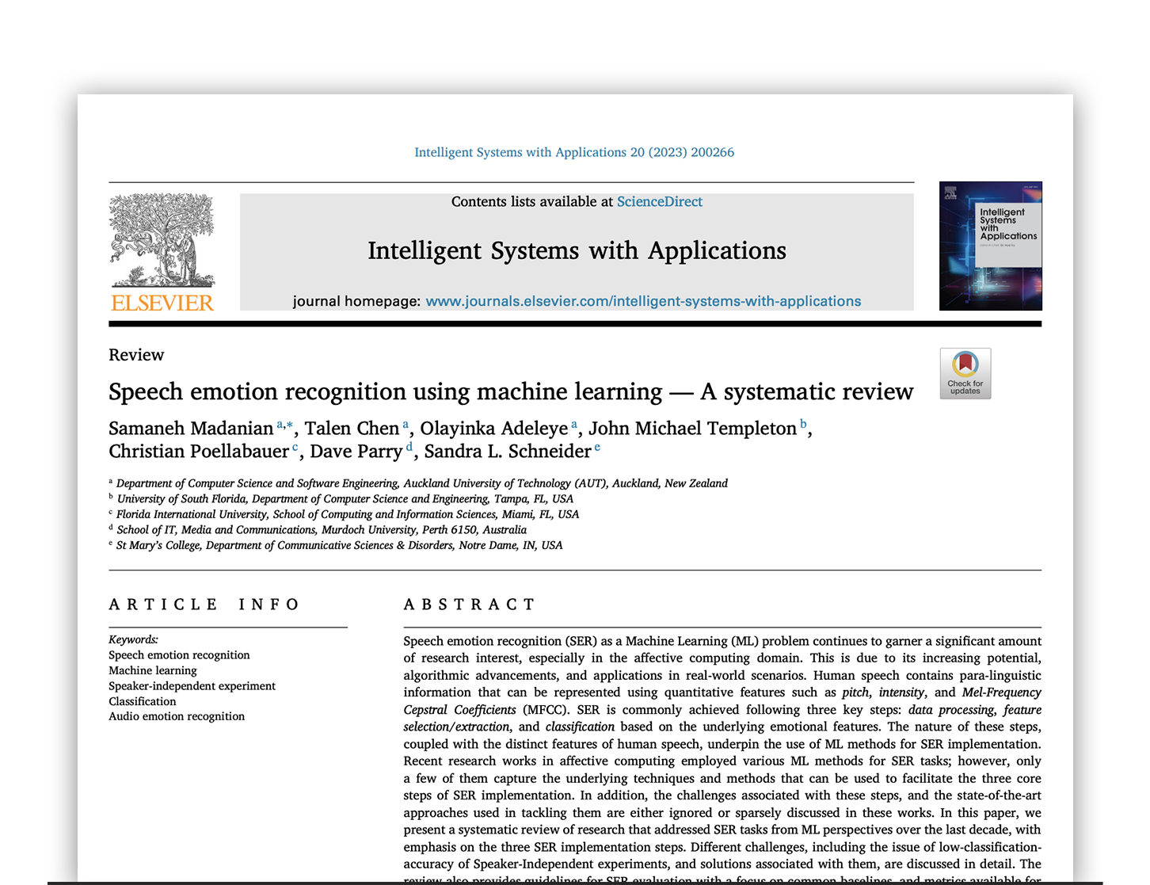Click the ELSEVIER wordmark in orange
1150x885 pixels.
click(162, 303)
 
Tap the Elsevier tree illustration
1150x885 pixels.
click(162, 239)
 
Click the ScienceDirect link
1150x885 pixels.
click(659, 202)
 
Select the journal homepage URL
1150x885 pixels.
click(643, 301)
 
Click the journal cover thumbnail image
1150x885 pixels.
click(990, 246)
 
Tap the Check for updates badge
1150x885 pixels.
click(965, 373)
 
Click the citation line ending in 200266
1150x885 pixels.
click(574, 152)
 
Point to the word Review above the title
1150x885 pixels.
click(136, 355)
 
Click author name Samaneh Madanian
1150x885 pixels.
click(191, 429)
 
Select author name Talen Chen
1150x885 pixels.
click(352, 429)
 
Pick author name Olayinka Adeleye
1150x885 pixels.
click(493, 429)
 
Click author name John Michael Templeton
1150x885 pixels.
click(692, 429)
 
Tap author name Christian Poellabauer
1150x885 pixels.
click(199, 452)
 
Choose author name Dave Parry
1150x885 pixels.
click(356, 452)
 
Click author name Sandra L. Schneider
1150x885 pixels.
click(507, 452)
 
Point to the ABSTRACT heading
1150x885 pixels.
click(470, 605)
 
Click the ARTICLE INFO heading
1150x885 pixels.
click(204, 605)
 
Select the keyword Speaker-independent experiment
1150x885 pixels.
click(192, 686)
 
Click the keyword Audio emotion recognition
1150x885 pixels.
click(177, 716)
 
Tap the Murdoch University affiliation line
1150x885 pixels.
click(322, 530)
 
